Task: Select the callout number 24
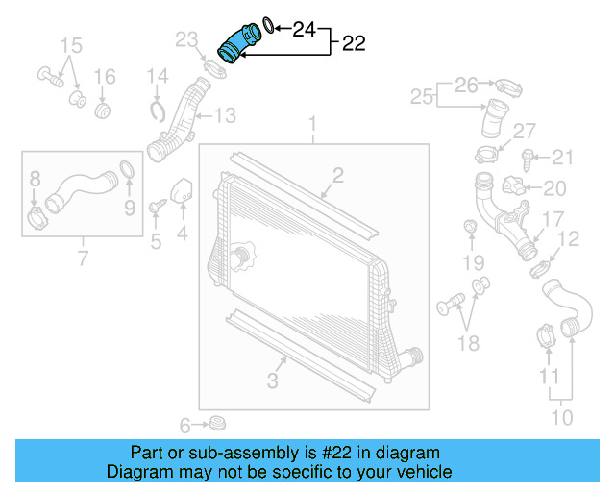[305, 30]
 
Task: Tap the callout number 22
[353, 43]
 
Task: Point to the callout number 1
[312, 124]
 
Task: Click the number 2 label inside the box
[338, 174]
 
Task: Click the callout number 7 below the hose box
[83, 258]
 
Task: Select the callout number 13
[224, 116]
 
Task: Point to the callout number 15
[72, 46]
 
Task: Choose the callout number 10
[561, 417]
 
